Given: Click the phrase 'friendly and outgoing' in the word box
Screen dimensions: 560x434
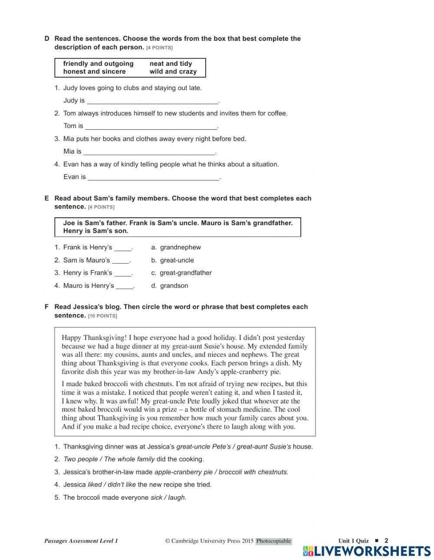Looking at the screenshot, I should [98, 64].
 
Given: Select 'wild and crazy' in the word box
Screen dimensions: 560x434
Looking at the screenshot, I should [173, 72].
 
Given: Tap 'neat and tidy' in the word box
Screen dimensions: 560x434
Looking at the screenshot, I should [171, 64].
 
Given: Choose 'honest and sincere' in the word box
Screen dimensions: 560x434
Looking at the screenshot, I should [94, 72].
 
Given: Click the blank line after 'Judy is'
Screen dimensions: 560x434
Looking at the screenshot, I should [152, 101].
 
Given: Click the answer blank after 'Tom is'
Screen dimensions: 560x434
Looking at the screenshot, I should [151, 127].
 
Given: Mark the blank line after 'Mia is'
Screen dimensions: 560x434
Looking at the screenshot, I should [149, 152].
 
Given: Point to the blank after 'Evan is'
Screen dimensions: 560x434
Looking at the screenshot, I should [154, 177].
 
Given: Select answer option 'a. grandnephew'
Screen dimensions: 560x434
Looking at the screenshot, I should [176, 247].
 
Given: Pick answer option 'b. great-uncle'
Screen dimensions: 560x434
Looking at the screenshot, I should [172, 260].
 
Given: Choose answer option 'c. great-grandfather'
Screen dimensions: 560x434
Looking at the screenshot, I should [181, 273].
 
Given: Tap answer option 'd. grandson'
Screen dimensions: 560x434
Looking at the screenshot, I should [170, 286].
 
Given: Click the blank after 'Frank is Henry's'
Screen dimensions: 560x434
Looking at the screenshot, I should [123, 248].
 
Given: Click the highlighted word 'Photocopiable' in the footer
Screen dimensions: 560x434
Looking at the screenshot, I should [273, 541].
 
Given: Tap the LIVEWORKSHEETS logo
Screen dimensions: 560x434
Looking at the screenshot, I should [367, 551].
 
